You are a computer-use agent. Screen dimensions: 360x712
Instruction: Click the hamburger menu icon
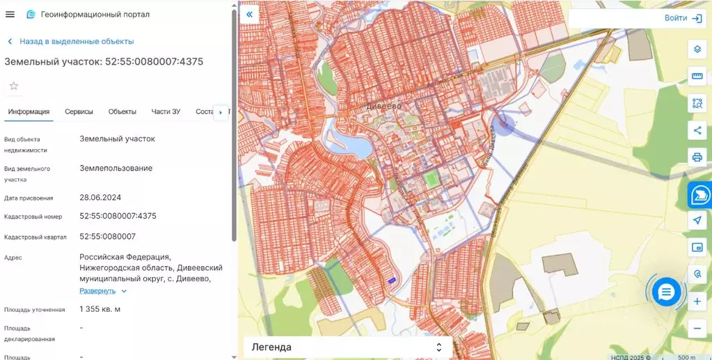pos(10,14)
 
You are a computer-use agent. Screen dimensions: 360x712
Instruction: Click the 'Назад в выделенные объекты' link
pos(76,41)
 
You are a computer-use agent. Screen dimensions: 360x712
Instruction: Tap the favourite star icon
pos(14,86)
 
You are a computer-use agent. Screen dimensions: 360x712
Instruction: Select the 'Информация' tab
pos(29,111)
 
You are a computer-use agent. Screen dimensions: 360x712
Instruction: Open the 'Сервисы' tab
pos(79,111)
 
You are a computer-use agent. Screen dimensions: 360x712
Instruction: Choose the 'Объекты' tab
pos(122,111)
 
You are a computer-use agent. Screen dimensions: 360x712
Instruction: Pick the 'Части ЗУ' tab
pos(166,111)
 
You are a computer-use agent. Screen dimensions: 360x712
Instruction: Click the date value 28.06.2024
pos(100,198)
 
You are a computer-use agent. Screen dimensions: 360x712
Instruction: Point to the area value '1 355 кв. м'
pos(100,309)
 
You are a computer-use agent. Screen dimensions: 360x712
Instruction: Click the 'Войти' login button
pos(681,18)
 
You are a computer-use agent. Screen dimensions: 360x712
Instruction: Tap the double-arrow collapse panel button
pos(249,14)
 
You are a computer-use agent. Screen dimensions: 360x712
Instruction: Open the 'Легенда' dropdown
pos(347,347)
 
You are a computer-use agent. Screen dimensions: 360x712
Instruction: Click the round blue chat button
pos(666,292)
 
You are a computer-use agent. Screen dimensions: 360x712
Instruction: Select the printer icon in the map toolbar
pos(697,156)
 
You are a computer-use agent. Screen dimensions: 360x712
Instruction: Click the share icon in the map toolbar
pos(697,130)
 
